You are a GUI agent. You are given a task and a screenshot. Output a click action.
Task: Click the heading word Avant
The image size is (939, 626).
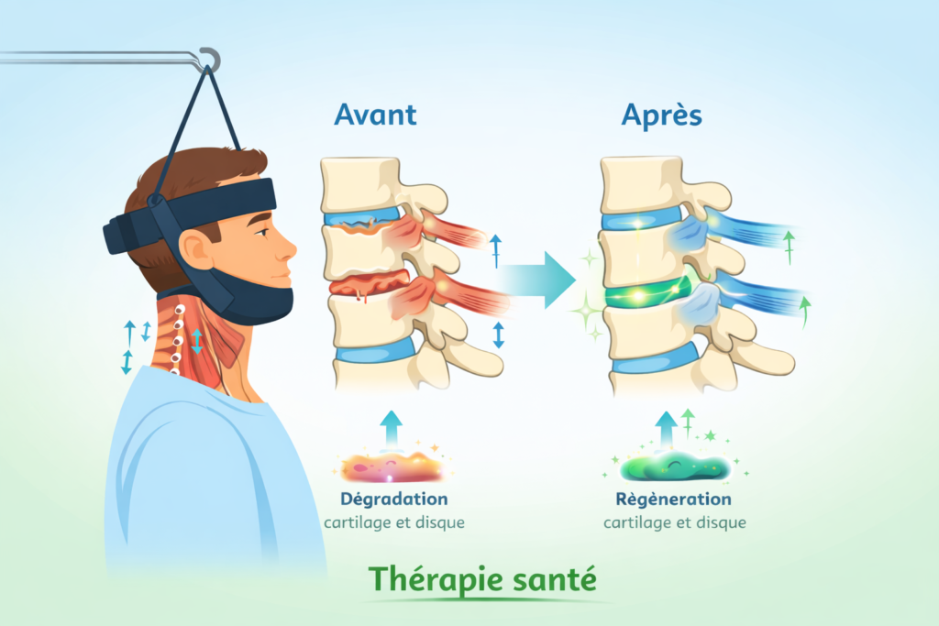click(375, 115)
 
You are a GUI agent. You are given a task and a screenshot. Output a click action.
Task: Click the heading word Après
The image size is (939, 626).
click(660, 115)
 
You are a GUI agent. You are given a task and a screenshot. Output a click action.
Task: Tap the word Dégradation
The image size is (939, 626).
click(393, 500)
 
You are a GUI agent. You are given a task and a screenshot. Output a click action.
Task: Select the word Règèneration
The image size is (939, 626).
click(674, 500)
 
